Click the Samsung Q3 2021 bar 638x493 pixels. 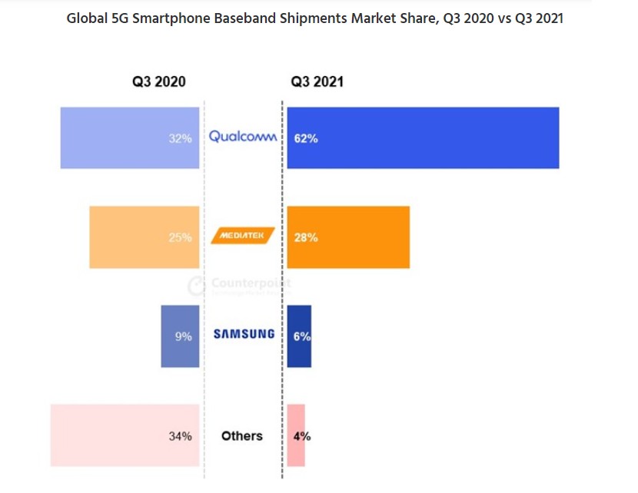pos(299,336)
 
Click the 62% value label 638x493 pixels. pos(306,139)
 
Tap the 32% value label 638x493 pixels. pos(180,139)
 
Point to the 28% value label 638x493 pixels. pos(306,237)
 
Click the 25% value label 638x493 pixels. pos(180,237)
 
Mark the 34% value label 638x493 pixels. pos(180,436)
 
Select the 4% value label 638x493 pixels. pos(302,436)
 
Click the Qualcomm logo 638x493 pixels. pos(243,137)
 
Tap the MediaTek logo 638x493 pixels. pos(242,237)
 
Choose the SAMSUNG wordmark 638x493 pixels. pos(244,334)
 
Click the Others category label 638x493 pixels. pos(242,435)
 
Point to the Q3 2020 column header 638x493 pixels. pos(159,81)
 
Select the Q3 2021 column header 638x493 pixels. pos(317,81)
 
